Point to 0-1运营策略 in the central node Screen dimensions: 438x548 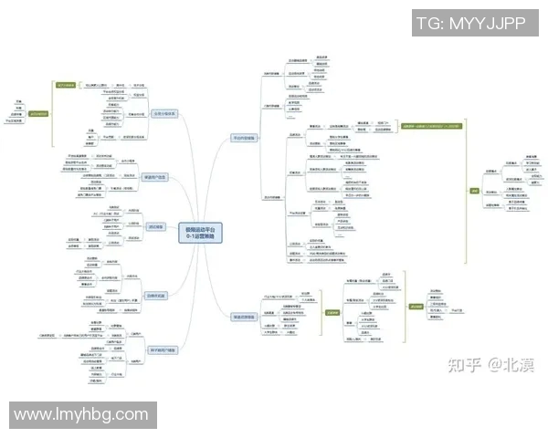coord(201,235)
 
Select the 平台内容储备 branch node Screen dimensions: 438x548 coord(245,138)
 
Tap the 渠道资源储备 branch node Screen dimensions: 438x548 coord(245,317)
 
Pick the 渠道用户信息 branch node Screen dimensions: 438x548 coord(156,177)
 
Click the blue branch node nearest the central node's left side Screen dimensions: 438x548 coord(153,225)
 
